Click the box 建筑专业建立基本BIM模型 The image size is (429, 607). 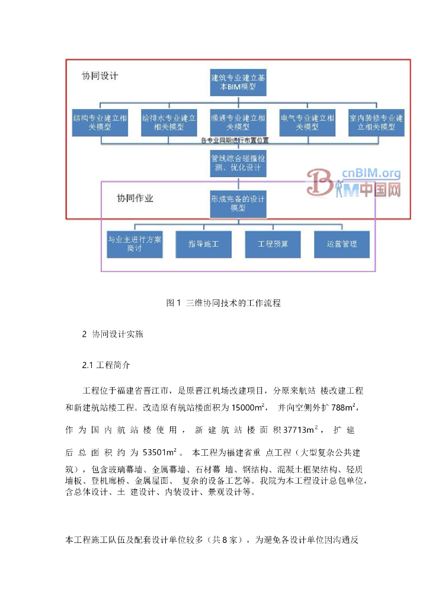click(x=238, y=82)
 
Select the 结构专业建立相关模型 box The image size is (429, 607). click(x=99, y=122)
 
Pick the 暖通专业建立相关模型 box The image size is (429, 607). click(x=238, y=122)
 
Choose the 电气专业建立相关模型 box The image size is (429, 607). click(x=307, y=122)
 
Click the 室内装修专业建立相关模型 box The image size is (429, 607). click(x=376, y=122)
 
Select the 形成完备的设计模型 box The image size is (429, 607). click(x=238, y=203)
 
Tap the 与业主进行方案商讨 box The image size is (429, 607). click(x=134, y=244)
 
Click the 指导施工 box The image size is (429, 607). click(x=204, y=244)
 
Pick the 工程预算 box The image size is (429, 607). click(x=273, y=244)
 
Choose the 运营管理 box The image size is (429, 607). click(x=341, y=244)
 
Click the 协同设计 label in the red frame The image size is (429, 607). click(x=100, y=76)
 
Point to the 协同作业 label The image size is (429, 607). click(x=135, y=198)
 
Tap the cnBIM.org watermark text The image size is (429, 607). click(x=372, y=174)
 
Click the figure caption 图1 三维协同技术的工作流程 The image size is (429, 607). click(x=223, y=303)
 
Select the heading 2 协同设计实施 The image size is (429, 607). click(x=113, y=334)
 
